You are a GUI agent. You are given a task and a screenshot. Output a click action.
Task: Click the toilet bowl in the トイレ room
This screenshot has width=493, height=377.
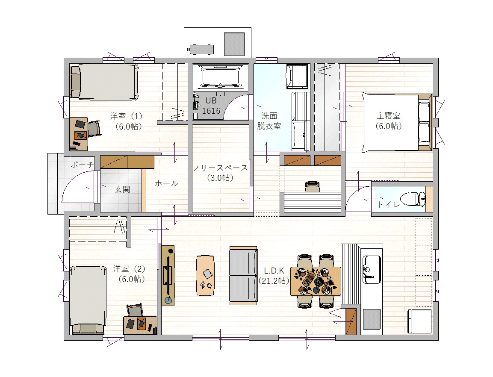click(x=413, y=199)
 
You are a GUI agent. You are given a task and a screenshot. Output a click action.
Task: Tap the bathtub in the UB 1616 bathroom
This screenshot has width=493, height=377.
click(x=220, y=77)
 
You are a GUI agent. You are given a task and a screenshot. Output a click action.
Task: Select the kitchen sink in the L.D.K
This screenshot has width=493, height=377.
click(x=372, y=269)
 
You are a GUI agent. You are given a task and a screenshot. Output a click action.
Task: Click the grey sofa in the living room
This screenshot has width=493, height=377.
click(x=243, y=276)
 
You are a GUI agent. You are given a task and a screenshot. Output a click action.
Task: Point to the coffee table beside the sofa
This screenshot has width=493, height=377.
click(x=205, y=275)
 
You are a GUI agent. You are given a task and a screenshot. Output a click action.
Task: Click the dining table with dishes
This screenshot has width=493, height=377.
click(x=316, y=281)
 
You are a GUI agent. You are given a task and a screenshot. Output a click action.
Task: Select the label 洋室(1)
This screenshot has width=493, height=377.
click(x=127, y=116)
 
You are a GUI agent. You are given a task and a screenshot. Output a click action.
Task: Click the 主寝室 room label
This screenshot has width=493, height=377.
click(x=388, y=116)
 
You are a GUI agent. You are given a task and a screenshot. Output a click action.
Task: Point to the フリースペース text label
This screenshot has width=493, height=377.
click(x=220, y=168)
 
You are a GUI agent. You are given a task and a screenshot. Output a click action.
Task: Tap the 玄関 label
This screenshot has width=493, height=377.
click(x=122, y=189)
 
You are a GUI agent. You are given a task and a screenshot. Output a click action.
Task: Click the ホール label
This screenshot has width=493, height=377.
click(x=167, y=183)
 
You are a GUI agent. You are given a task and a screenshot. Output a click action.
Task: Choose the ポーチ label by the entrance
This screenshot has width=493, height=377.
click(x=82, y=165)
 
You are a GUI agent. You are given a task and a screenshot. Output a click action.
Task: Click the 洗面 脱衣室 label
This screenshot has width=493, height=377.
click(x=269, y=121)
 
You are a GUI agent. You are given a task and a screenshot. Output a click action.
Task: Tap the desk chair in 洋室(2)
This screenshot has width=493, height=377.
click(x=136, y=310)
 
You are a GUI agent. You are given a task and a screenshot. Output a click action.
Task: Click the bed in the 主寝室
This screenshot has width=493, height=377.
click(x=397, y=122)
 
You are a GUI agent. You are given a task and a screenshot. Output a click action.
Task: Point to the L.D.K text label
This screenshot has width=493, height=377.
click(x=274, y=271)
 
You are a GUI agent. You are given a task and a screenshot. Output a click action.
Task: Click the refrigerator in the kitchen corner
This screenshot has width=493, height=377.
click(x=420, y=321)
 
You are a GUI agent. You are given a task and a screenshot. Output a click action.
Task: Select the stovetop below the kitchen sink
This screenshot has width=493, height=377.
click(x=372, y=319)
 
